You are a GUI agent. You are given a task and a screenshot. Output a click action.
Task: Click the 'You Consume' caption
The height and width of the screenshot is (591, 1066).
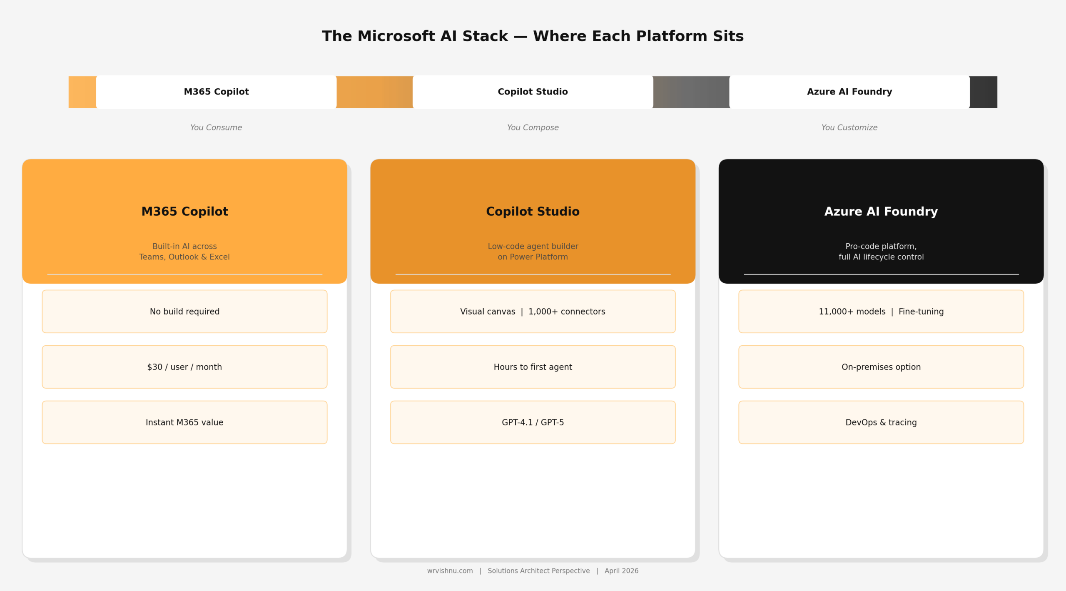coord(216,127)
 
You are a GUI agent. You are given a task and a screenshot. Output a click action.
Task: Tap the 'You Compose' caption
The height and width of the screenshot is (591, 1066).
coord(533,127)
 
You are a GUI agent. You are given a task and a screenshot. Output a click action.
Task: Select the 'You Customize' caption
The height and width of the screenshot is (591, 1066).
coord(849,127)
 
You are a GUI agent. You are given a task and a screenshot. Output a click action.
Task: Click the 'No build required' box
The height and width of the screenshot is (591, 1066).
coord(184,312)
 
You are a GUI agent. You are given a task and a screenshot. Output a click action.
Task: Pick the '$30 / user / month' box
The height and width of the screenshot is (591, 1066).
coord(184,367)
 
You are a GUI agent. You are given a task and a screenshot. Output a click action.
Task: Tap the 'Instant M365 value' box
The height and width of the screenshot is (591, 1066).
coord(184,422)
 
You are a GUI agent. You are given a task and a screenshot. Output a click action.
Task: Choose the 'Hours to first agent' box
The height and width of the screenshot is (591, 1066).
coord(533,367)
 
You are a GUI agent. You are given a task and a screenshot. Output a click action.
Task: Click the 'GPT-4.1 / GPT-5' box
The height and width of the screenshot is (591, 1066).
coord(533,422)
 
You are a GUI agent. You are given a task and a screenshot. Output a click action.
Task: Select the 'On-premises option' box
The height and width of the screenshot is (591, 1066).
coord(881,367)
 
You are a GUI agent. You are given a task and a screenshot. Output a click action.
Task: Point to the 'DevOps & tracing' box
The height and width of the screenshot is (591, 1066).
coord(881,422)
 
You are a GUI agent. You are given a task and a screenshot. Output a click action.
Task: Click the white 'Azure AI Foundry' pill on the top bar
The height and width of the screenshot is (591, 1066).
coord(849,92)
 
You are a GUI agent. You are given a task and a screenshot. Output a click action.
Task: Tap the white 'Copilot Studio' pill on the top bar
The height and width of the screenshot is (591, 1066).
coord(533,92)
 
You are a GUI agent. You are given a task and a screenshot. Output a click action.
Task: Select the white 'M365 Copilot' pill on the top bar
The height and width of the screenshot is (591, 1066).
coord(216,92)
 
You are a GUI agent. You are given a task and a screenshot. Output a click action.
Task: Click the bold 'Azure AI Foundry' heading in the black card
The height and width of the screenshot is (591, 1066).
coord(881,212)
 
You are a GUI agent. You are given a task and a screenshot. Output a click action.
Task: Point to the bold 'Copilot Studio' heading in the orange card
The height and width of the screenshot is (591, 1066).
coord(533,212)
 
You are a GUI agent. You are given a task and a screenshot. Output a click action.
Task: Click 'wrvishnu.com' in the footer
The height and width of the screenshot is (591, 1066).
coord(450,571)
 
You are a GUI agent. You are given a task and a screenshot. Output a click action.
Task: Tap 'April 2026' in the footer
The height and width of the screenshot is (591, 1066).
coord(621,571)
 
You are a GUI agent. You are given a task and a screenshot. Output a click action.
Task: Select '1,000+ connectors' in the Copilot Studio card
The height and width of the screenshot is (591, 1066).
coord(567,312)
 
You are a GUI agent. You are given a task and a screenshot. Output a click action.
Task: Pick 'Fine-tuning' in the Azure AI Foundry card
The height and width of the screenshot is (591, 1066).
coord(921,312)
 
